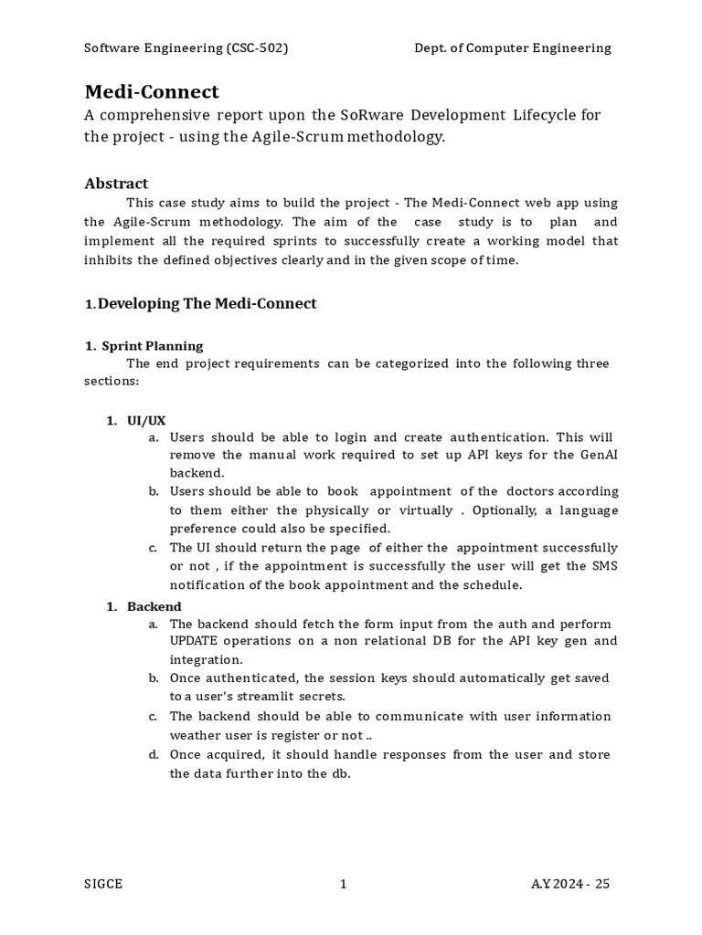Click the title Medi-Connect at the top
click(x=152, y=92)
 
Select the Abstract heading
click(x=116, y=184)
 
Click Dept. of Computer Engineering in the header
click(x=513, y=48)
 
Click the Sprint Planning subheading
click(x=152, y=346)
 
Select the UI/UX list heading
click(x=146, y=420)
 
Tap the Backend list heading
click(x=154, y=606)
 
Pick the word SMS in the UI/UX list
click(x=604, y=566)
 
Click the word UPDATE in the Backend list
click(x=197, y=640)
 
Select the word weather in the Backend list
click(x=196, y=735)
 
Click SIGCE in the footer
click(x=103, y=884)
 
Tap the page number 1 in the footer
click(x=343, y=884)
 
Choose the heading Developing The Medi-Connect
click(x=207, y=303)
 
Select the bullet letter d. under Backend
click(x=154, y=754)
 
